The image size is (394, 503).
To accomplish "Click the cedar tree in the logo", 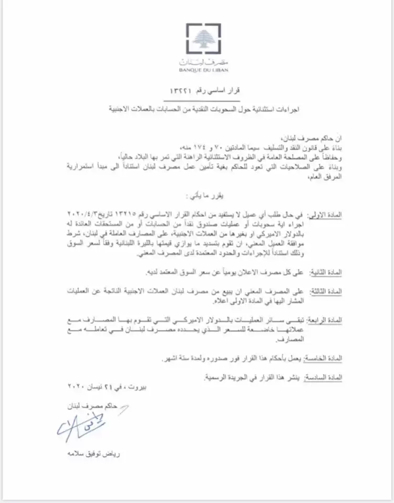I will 202,39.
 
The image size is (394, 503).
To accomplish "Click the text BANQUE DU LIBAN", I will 202,69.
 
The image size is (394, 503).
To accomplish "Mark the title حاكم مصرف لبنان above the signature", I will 98,406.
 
